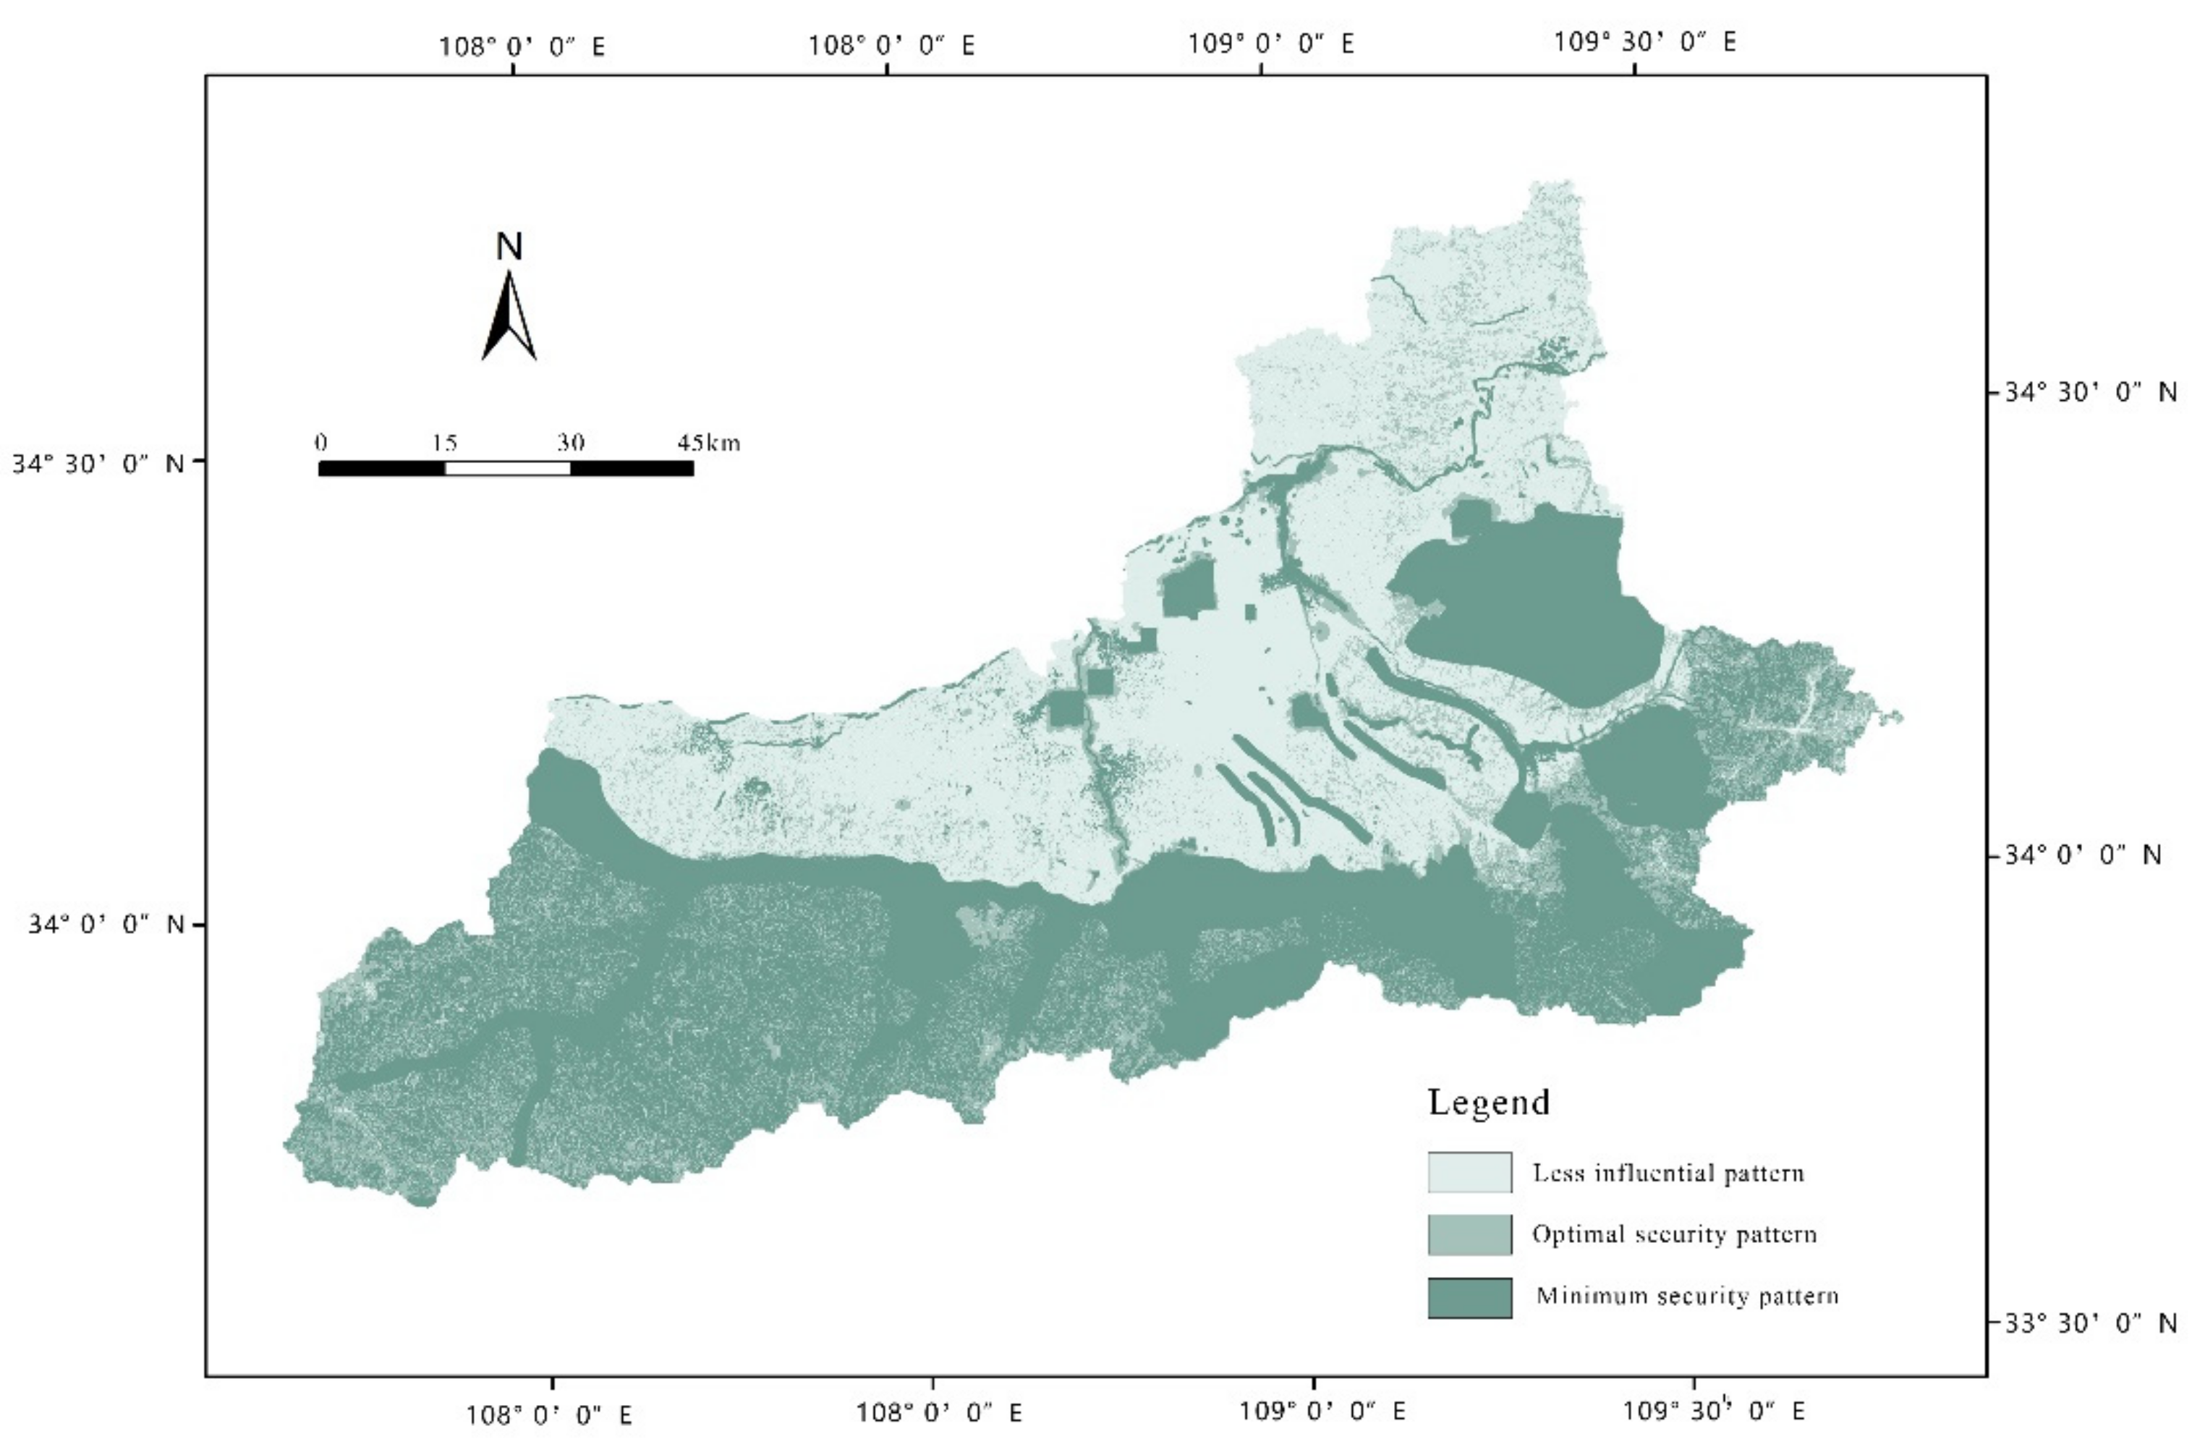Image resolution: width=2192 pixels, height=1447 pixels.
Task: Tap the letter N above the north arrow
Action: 509,247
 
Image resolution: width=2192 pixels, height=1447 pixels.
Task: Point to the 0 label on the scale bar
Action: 320,442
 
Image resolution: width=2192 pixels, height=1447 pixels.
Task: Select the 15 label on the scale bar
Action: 445,442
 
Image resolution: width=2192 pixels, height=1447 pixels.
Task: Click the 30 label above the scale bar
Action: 570,442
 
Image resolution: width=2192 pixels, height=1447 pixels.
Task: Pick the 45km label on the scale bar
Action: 708,442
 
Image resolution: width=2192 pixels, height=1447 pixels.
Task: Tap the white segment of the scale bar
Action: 507,468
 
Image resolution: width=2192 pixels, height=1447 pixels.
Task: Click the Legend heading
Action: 1488,1102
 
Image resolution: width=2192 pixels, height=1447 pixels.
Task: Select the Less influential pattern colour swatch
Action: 1469,1172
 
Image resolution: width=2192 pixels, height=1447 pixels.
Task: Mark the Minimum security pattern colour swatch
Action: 1469,1297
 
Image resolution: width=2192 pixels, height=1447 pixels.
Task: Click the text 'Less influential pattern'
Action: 1668,1173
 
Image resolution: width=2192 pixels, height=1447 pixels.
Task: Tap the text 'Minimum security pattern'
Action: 1687,1296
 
